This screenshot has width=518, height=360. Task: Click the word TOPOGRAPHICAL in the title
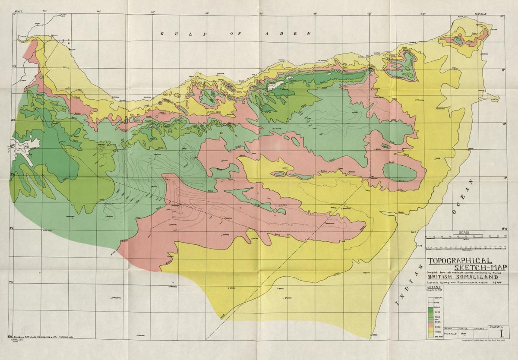click(460, 260)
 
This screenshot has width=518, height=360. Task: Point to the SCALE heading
click(466, 232)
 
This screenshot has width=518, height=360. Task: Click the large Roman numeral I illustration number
click(501, 333)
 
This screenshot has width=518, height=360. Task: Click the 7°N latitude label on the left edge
click(12, 282)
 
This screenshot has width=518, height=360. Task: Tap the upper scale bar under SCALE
click(466, 237)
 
